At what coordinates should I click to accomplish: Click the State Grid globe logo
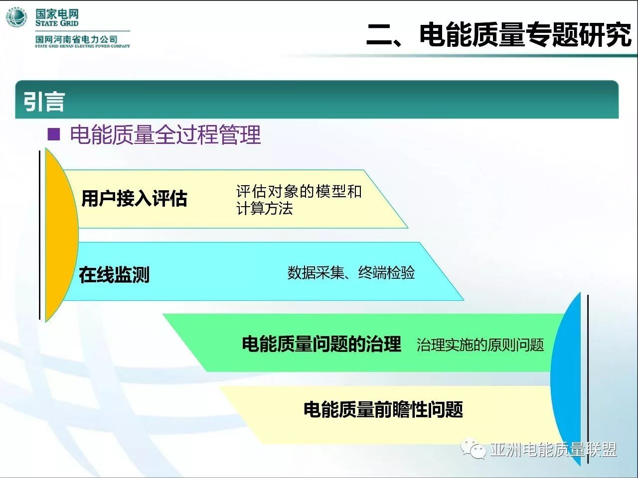pos(16,17)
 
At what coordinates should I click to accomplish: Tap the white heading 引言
pos(44,102)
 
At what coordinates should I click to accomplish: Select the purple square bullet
pos(54,134)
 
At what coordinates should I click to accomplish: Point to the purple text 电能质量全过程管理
pos(165,134)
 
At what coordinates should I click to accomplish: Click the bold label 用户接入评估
pos(134,199)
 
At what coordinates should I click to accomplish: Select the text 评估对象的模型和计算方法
pos(299,200)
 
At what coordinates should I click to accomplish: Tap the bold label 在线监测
pos(114,274)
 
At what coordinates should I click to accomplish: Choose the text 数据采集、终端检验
pos(351,272)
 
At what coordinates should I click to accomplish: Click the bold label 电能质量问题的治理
pos(321,344)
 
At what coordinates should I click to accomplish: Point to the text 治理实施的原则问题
pos(480,345)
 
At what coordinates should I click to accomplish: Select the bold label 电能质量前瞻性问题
pos(383,409)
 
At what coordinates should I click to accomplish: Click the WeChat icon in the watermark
pos(473,449)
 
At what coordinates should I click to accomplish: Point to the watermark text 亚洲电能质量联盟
pos(553,450)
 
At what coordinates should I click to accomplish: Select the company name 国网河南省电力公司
pos(76,39)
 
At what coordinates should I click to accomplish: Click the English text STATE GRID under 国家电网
pos(57,23)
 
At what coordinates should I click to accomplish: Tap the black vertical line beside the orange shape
pos(39,235)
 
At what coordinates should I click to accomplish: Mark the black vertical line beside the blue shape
pos(588,379)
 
